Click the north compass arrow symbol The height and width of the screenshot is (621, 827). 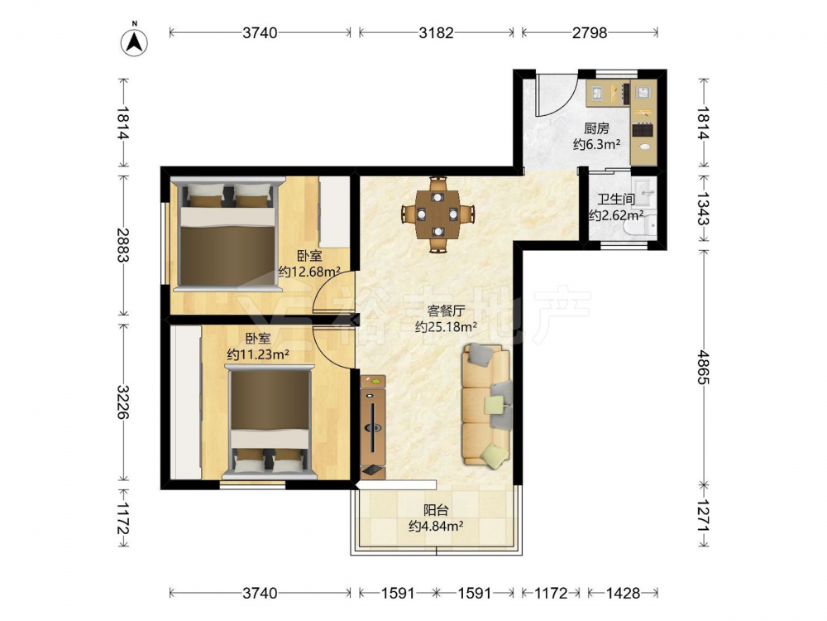[134, 42]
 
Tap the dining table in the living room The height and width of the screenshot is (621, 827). [437, 214]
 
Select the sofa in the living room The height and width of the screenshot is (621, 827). [487, 406]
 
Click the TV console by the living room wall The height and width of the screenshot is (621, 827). [374, 426]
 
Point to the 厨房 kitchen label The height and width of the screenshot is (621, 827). [596, 128]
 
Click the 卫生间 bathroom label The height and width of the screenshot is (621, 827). [615, 200]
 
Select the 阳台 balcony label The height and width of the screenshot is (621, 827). [436, 510]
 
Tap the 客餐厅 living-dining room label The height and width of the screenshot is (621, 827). [446, 311]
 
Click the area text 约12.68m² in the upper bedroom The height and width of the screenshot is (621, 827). [309, 272]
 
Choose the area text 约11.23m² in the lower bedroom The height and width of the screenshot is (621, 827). [258, 354]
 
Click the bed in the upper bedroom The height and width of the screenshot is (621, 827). [228, 234]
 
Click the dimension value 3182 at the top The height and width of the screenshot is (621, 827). [436, 33]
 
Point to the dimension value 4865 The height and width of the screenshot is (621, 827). [702, 367]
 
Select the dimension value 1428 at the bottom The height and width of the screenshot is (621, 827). [623, 593]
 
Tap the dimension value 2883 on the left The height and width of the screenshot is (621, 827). [122, 244]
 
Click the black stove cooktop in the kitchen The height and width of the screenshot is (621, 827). [643, 129]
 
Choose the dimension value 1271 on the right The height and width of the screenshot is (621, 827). [702, 516]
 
